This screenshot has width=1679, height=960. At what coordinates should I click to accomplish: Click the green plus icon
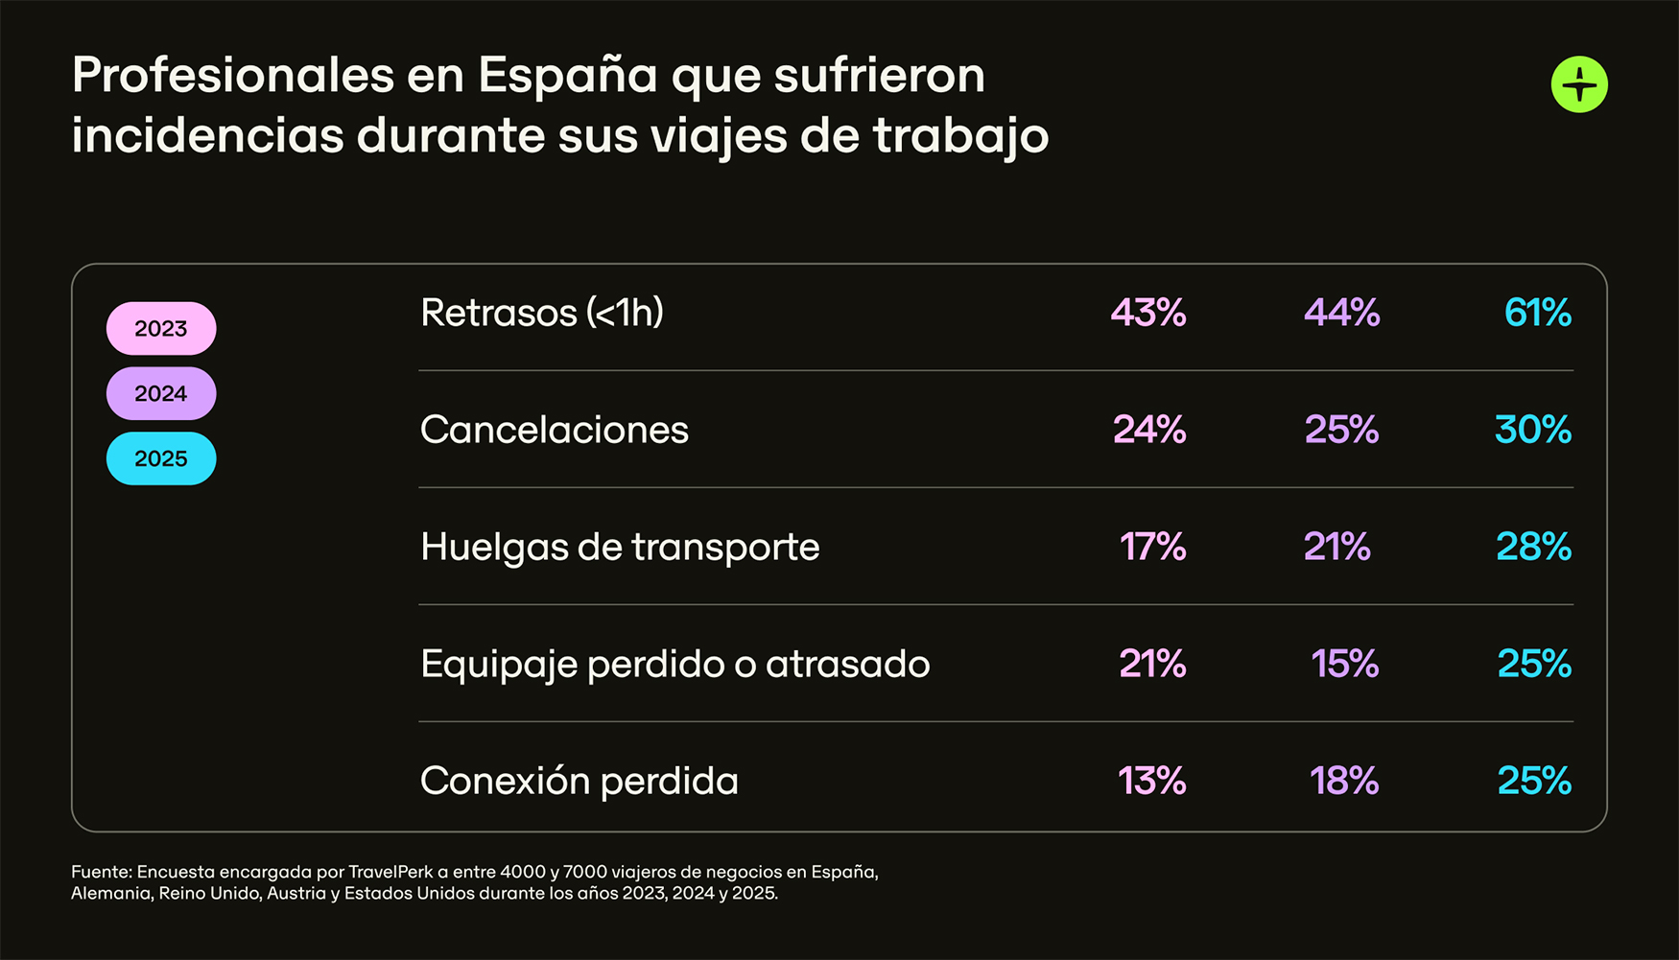point(1579,84)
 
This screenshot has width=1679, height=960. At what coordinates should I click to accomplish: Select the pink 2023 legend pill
point(161,329)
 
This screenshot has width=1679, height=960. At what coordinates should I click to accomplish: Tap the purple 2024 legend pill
point(161,393)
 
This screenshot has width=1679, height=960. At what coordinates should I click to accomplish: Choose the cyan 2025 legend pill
point(161,458)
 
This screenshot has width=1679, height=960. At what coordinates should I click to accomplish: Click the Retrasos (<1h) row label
point(541,313)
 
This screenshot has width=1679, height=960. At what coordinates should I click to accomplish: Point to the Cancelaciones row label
point(554,430)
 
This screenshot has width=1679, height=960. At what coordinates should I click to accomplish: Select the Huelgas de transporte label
point(620,547)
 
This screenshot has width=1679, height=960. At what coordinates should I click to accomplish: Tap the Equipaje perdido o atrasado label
point(674,664)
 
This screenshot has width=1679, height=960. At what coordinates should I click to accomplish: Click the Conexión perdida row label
point(579,781)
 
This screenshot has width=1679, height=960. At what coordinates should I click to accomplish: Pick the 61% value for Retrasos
point(1537,313)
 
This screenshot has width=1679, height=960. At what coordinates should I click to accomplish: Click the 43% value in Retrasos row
point(1147,313)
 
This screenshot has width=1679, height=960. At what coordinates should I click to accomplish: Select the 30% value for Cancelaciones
point(1532,430)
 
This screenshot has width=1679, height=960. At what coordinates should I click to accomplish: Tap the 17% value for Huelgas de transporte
point(1152,547)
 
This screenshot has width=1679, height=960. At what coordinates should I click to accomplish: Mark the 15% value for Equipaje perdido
point(1344,664)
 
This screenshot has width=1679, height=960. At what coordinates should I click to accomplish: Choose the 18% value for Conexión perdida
point(1343,781)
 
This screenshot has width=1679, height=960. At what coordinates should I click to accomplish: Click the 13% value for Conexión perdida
point(1151,781)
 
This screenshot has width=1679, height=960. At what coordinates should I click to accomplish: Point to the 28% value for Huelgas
point(1533,547)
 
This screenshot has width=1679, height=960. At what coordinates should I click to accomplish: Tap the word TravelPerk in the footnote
point(390,872)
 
